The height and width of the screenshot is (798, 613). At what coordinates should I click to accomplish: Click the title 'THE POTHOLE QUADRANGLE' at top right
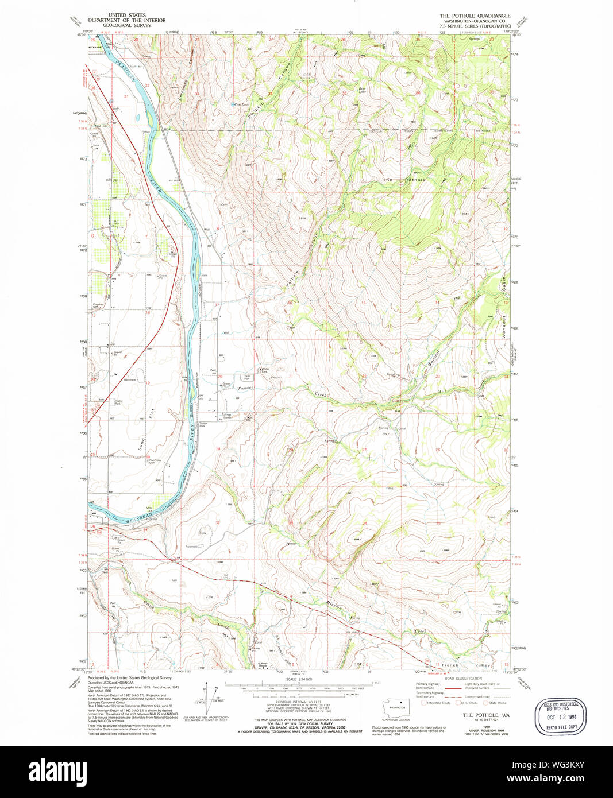[x=475, y=16]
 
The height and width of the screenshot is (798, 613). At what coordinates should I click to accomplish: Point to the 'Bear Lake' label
[x=361, y=90]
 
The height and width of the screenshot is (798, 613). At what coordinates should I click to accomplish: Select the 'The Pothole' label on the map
[x=405, y=180]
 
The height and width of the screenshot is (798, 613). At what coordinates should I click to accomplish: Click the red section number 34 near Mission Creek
[x=364, y=523]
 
